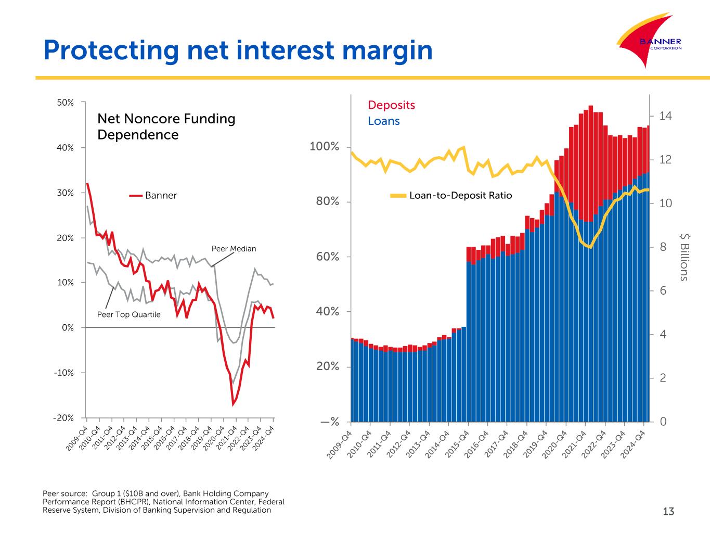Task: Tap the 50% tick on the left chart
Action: tap(66, 103)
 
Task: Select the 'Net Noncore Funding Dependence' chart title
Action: tap(166, 126)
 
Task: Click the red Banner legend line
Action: tap(136, 196)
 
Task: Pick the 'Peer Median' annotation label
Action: tap(234, 249)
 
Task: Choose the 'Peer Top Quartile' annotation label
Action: tap(129, 314)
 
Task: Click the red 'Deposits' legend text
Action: tap(391, 105)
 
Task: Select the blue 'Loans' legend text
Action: tap(383, 121)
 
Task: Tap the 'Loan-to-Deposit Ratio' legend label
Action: tap(460, 196)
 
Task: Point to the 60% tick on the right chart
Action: tap(328, 257)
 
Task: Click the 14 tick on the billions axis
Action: tap(665, 116)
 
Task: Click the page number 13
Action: tap(668, 512)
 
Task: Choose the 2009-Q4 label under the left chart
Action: tap(77, 438)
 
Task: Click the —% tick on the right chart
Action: tap(330, 422)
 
